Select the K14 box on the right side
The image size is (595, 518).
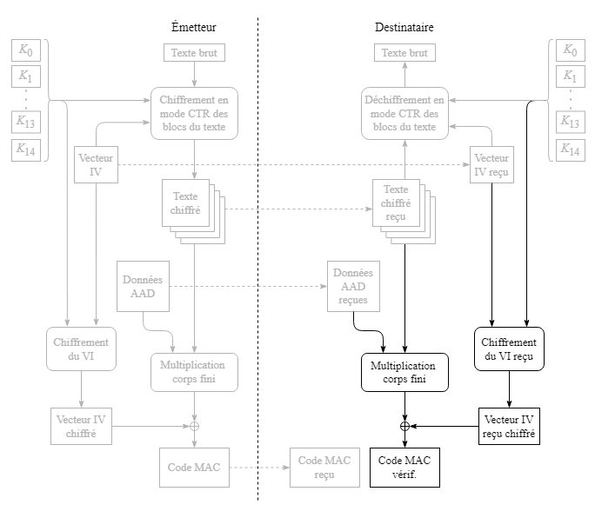pos(570,149)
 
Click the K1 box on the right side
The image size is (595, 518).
pos(570,76)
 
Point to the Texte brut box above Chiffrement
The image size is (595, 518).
pos(195,53)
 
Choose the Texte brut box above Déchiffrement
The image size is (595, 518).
pos(405,53)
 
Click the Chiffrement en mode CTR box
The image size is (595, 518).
pos(194,114)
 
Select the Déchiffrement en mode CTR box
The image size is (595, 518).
pos(405,114)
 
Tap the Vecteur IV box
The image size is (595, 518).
pos(96,165)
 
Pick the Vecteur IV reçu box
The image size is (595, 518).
pos(491,165)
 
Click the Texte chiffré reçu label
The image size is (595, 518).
pos(396,203)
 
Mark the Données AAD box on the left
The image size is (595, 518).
pos(143,287)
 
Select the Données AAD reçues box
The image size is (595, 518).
pos(353,287)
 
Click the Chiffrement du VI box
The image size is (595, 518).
pos(81,349)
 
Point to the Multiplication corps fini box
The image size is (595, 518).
pos(194,372)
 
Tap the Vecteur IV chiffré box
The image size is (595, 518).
pos(81,426)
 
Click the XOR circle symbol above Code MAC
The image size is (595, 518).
pos(195,426)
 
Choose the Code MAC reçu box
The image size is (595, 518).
pos(324,467)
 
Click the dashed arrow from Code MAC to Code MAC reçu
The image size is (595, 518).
pos(260,468)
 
